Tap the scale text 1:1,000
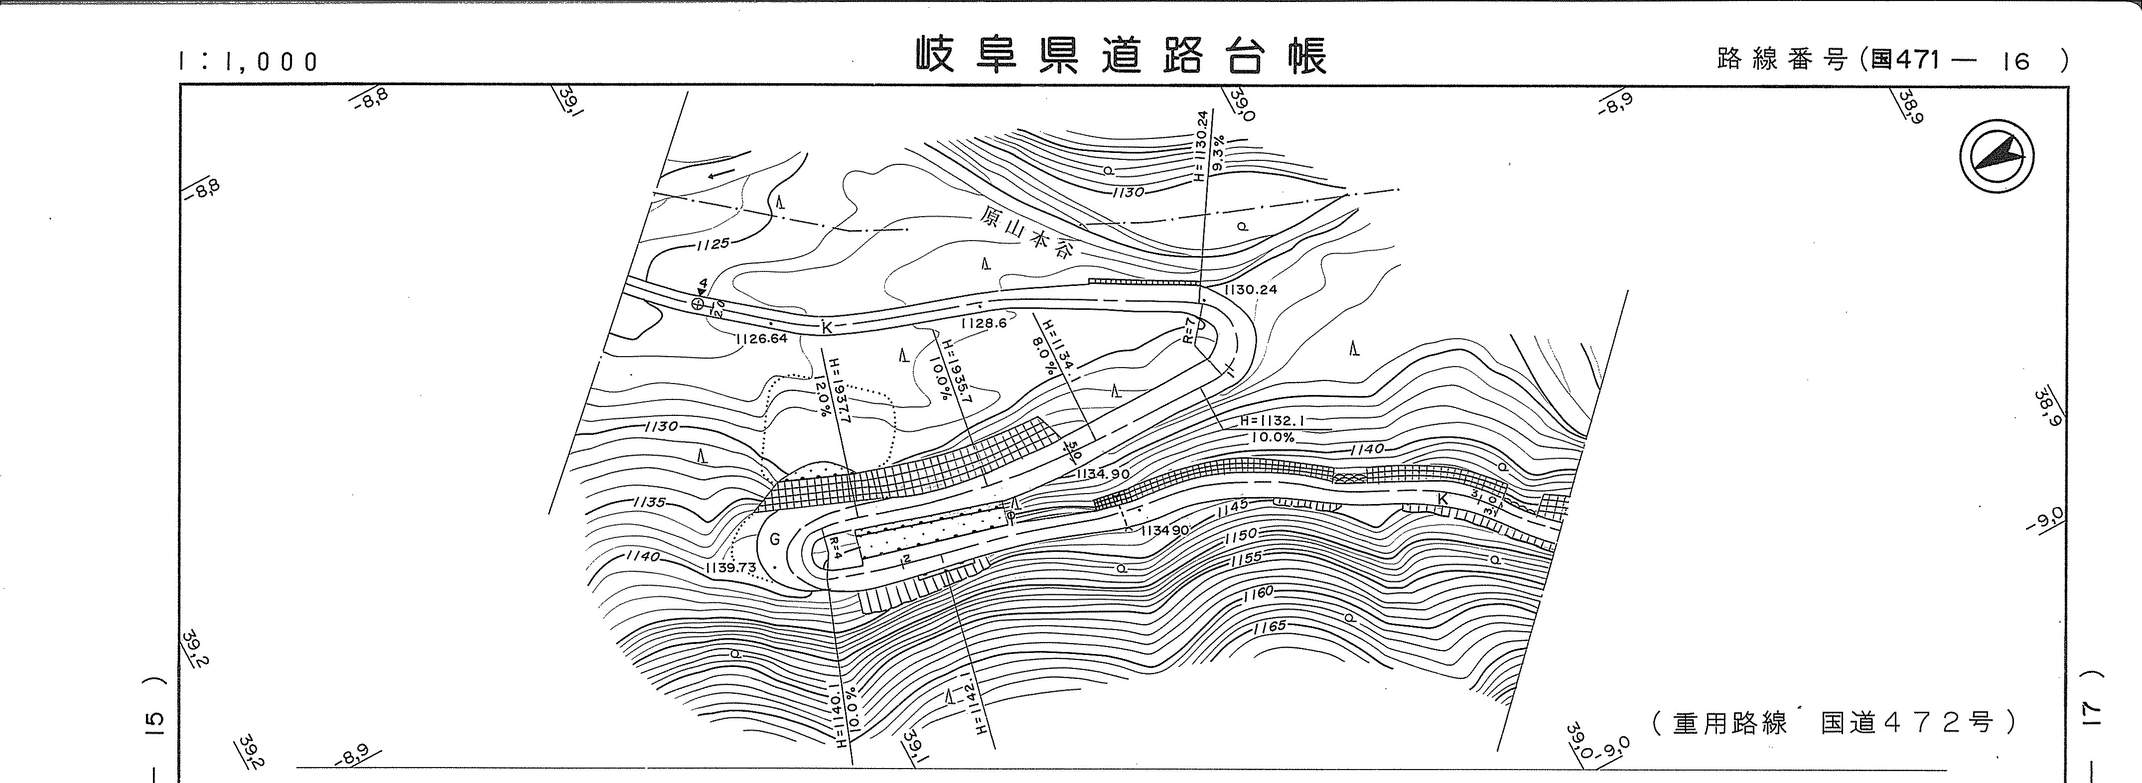pyautogui.click(x=248, y=61)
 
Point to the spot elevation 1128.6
pyautogui.click(x=984, y=322)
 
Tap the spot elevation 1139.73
pyautogui.click(x=730, y=568)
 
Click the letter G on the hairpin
pyautogui.click(x=775, y=539)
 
